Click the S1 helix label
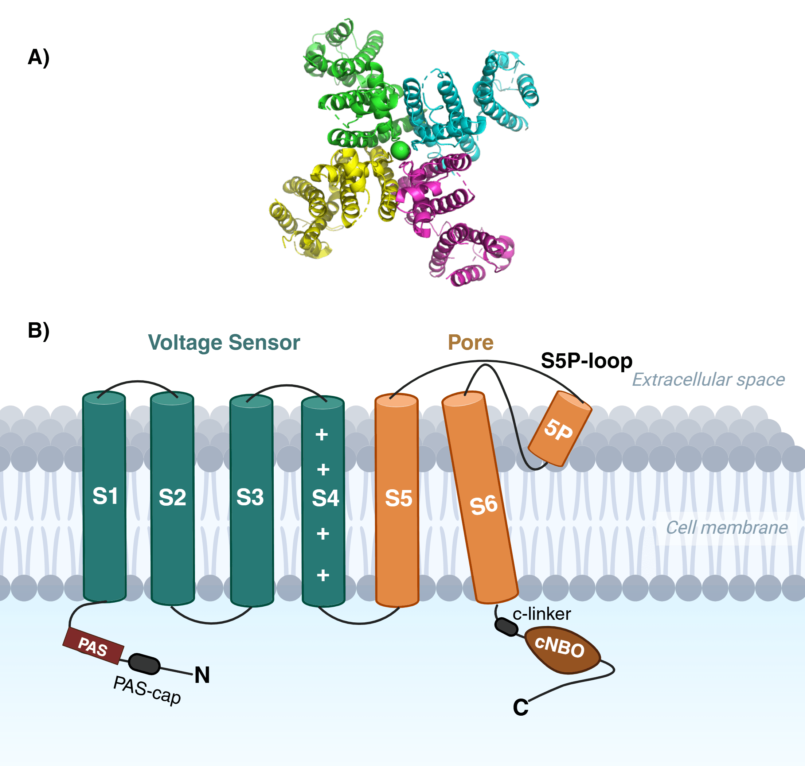click(105, 496)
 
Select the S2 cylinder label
click(172, 497)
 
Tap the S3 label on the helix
click(250, 497)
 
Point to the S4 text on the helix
click(325, 498)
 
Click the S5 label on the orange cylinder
click(398, 498)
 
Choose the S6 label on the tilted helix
click(484, 505)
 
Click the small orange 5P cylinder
click(559, 429)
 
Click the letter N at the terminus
click(202, 675)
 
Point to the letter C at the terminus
click(520, 707)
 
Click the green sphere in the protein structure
click(400, 150)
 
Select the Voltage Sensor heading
click(224, 342)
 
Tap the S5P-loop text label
click(586, 361)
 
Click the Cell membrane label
click(727, 528)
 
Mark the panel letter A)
click(39, 57)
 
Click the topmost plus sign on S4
click(322, 435)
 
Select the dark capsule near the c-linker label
click(507, 627)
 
